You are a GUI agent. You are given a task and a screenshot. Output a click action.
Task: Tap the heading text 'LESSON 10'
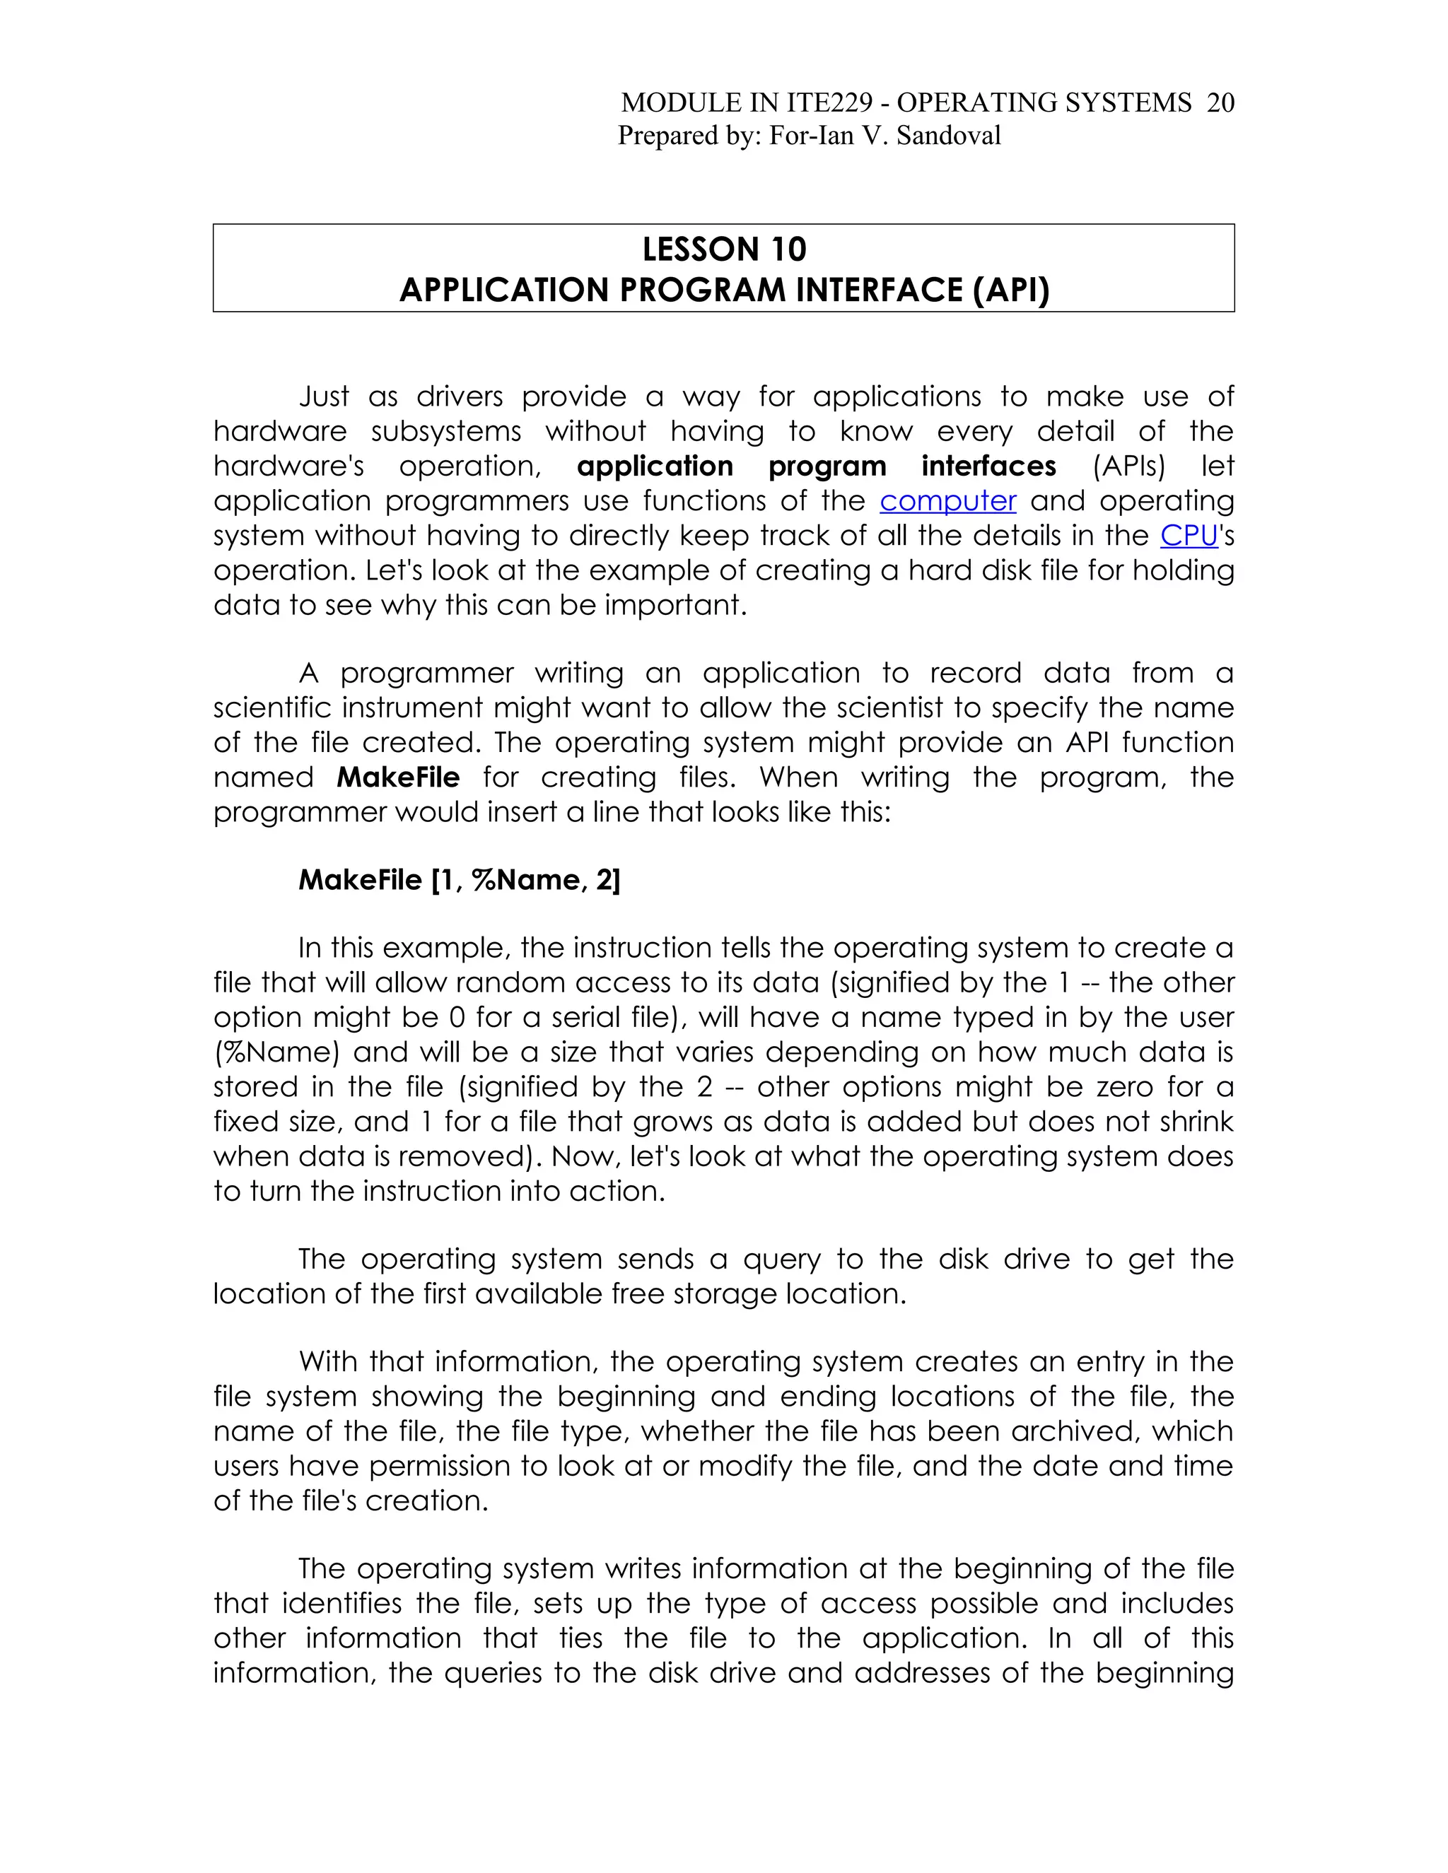[724, 249]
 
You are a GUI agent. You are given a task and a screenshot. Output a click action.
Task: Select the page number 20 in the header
[1220, 103]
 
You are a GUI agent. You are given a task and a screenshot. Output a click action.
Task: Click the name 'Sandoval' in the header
[948, 136]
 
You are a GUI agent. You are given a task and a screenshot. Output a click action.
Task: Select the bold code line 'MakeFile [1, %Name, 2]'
[459, 880]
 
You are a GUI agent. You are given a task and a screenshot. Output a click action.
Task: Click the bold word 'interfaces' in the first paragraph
[988, 466]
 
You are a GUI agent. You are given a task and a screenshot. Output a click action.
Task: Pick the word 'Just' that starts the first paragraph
[323, 397]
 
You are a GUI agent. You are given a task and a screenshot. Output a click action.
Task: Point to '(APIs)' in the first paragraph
[1128, 466]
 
